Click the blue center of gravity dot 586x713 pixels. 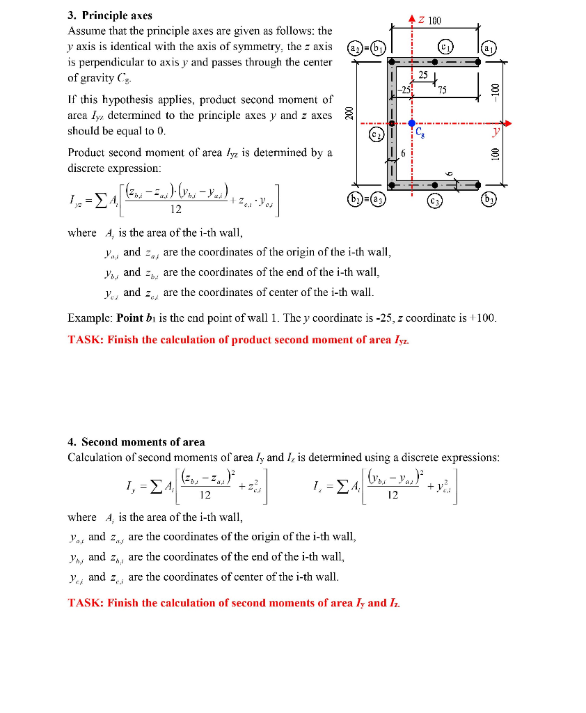pyautogui.click(x=412, y=123)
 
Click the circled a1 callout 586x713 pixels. pyautogui.click(x=491, y=48)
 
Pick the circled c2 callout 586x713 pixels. pyautogui.click(x=377, y=132)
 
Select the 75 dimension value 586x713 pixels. pyautogui.click(x=443, y=89)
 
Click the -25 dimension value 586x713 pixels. pyautogui.click(x=405, y=89)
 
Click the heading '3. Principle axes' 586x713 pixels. pyautogui.click(x=110, y=15)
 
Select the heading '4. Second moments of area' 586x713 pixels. pyautogui.click(x=136, y=442)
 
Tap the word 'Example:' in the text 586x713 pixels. pyautogui.click(x=90, y=318)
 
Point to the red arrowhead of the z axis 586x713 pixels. pyautogui.click(x=412, y=18)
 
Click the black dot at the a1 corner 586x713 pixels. pyautogui.click(x=478, y=61)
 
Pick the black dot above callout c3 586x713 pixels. pyautogui.click(x=435, y=185)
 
